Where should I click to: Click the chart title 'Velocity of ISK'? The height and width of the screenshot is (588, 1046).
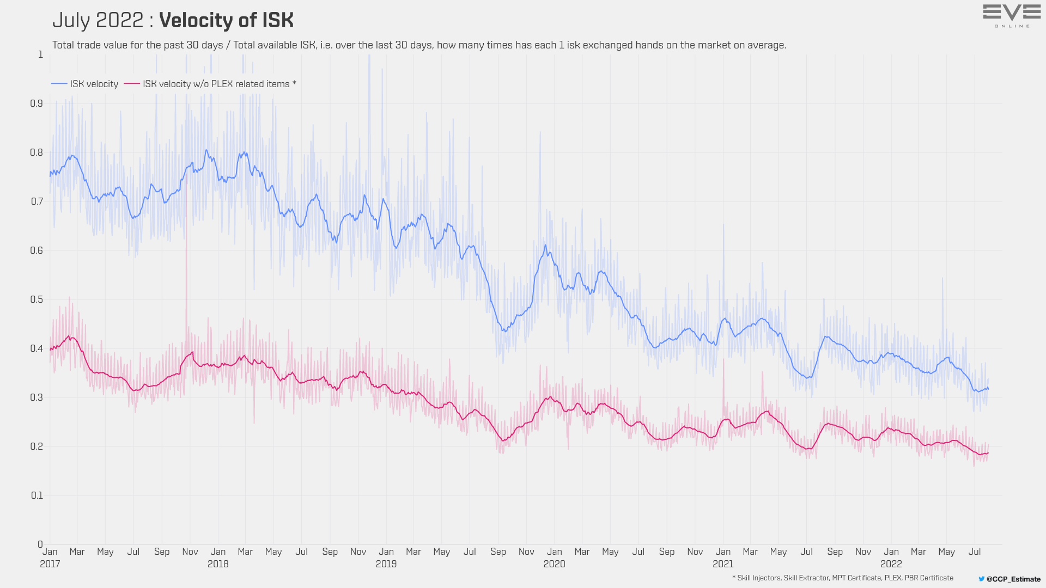click(x=226, y=21)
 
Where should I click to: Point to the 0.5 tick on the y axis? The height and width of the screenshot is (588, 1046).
click(x=37, y=299)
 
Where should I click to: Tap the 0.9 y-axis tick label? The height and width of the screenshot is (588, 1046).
click(x=37, y=103)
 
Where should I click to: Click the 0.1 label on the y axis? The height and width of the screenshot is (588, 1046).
click(x=37, y=495)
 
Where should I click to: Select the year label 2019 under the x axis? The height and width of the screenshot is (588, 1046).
click(x=386, y=564)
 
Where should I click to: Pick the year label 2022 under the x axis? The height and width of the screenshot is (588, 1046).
click(x=891, y=564)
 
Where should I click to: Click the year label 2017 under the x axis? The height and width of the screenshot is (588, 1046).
click(x=50, y=564)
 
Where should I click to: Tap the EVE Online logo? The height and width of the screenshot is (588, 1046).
click(x=1012, y=15)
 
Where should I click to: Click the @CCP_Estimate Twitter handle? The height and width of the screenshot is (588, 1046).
click(x=1013, y=579)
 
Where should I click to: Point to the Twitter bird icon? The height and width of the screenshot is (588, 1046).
click(x=982, y=579)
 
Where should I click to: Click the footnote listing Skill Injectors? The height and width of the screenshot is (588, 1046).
click(x=843, y=578)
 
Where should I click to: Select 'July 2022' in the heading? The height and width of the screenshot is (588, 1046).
click(x=98, y=21)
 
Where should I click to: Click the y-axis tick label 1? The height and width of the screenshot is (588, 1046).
click(x=40, y=54)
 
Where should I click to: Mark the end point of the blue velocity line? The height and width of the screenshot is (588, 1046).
click(x=988, y=389)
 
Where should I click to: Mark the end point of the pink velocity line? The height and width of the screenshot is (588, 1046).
click(x=988, y=453)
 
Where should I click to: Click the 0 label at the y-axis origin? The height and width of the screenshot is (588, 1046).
click(x=40, y=544)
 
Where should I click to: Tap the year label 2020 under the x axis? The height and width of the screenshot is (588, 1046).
click(x=555, y=564)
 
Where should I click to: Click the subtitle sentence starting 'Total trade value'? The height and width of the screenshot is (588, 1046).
click(x=419, y=45)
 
